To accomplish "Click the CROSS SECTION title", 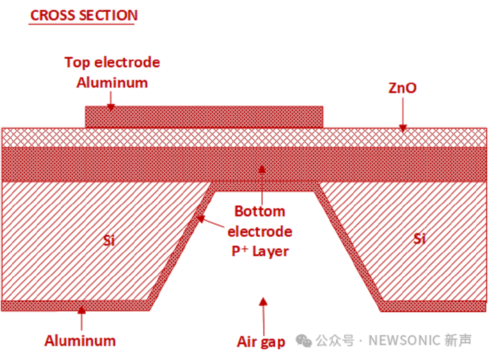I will [84, 15].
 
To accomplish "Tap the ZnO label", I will [402, 88].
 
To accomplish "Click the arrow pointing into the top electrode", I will [110, 100].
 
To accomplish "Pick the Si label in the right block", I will [419, 238].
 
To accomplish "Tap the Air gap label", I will [261, 341].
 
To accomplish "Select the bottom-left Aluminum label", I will [80, 340].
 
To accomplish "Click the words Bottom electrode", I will [260, 221].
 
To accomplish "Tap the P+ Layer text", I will [260, 251].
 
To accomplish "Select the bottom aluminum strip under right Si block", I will [433, 306].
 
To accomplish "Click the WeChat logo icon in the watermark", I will [304, 341].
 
